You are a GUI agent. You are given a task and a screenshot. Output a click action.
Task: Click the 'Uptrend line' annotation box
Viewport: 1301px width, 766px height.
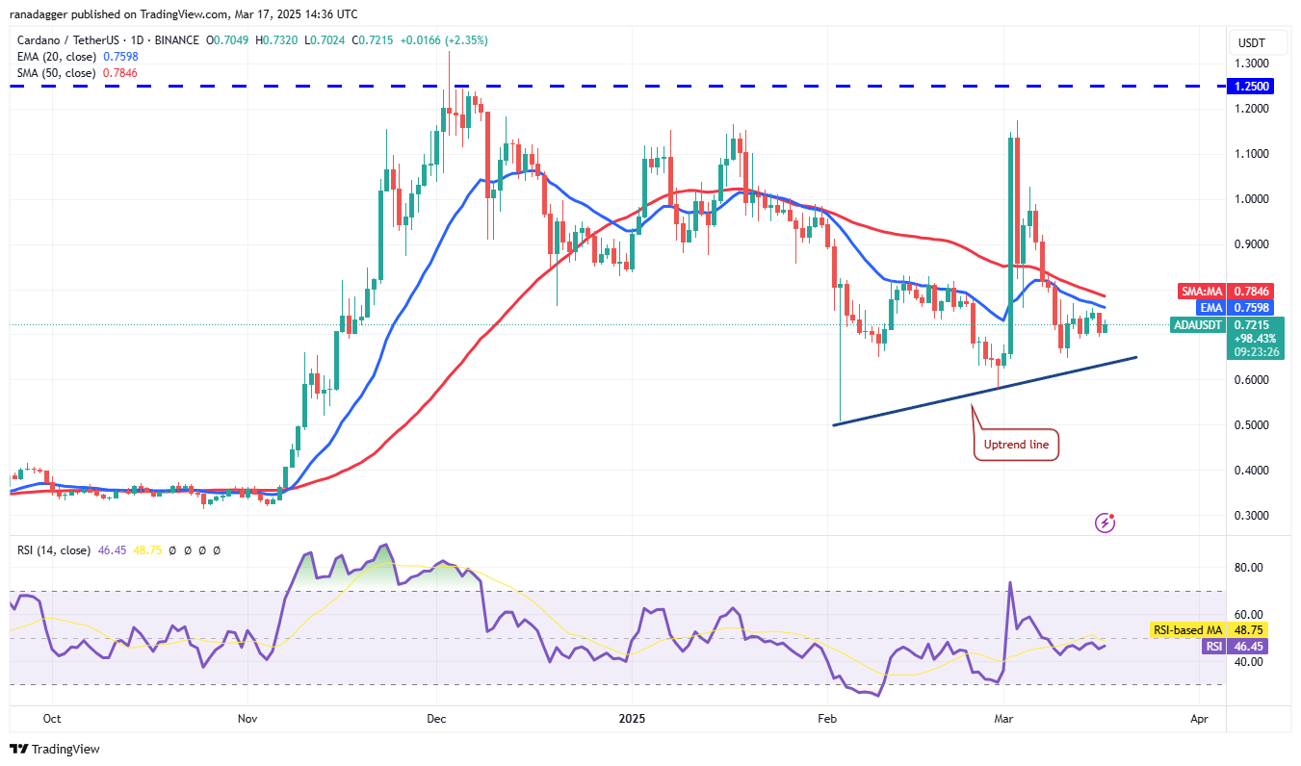point(1016,445)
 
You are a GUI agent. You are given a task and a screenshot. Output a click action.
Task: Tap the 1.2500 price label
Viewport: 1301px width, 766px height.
point(1251,86)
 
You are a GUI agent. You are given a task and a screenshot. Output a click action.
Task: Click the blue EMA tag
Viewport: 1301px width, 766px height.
point(1210,308)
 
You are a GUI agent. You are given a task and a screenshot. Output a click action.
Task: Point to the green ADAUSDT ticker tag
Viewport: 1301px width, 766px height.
point(1197,325)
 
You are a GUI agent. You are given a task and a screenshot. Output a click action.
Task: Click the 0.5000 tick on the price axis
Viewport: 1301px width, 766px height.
point(1250,425)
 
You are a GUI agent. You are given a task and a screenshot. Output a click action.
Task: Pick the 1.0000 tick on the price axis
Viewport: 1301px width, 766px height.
point(1250,199)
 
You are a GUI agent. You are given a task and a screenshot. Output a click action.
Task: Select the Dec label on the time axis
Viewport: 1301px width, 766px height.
point(435,719)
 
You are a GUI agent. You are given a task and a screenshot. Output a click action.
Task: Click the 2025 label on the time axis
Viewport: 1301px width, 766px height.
point(632,719)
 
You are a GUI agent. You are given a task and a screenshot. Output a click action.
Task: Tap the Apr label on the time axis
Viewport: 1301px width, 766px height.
point(1199,719)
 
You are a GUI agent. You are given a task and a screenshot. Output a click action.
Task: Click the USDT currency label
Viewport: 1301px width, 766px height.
point(1251,43)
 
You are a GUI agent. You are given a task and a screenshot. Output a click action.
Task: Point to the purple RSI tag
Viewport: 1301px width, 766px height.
point(1211,647)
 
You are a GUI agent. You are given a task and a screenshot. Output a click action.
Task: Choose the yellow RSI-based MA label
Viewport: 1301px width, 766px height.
point(1187,630)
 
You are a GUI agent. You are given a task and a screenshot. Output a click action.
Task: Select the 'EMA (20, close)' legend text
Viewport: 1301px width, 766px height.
point(56,56)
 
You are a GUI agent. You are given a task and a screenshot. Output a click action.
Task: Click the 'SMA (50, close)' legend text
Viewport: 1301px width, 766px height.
point(56,72)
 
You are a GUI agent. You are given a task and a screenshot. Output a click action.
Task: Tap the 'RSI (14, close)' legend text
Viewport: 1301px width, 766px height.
point(53,550)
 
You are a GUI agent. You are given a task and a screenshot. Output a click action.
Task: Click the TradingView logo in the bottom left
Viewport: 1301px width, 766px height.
point(55,749)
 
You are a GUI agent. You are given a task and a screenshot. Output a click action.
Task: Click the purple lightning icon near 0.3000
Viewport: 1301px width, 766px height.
point(1106,523)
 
